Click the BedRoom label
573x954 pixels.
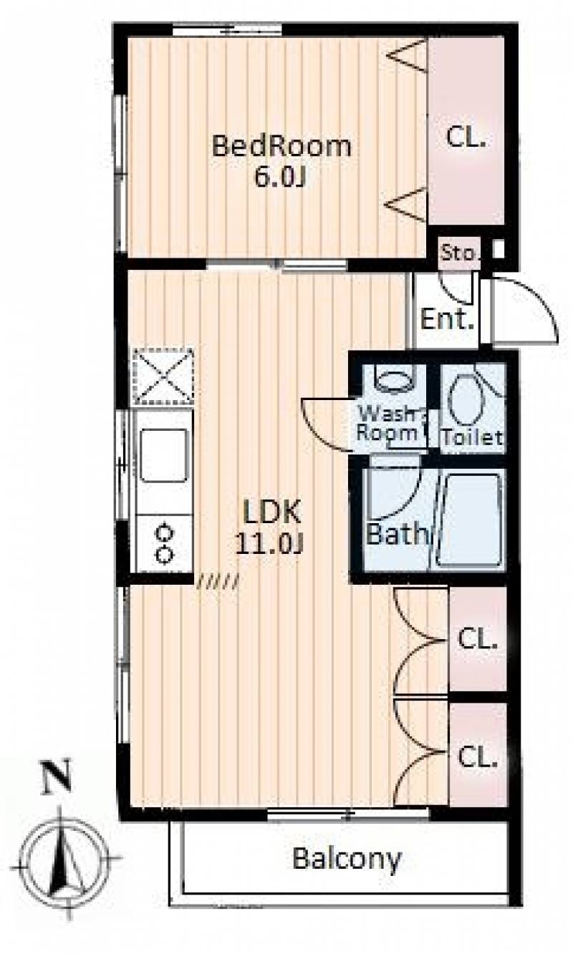281,146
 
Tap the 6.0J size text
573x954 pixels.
279,177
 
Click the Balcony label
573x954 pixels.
347,860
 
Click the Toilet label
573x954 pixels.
473,437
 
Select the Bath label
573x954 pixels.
397,534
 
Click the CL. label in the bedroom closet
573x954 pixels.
466,137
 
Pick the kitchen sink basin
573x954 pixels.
164,455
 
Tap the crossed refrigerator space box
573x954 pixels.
164,376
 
